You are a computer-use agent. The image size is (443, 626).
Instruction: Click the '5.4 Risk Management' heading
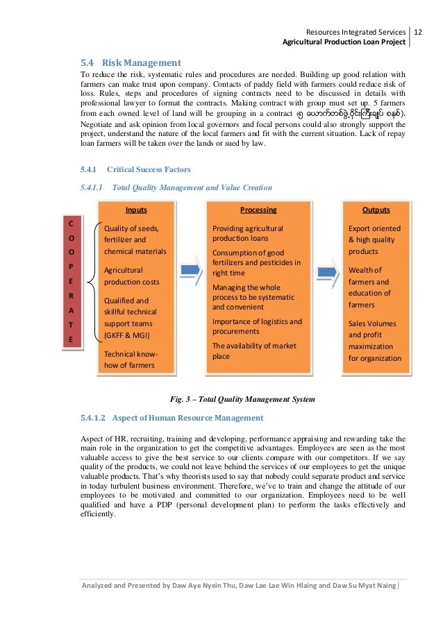tap(131, 62)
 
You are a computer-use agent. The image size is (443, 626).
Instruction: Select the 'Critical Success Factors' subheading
tap(149, 169)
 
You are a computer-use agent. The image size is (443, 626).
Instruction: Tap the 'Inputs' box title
tap(136, 210)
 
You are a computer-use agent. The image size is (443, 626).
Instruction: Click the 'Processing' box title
tap(258, 210)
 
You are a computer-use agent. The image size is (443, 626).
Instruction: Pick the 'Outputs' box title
tap(376, 210)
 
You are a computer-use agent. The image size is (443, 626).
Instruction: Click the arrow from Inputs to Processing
tap(189, 269)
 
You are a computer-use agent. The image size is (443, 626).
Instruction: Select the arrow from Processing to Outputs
tap(325, 269)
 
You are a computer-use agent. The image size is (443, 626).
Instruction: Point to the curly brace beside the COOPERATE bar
tap(92, 281)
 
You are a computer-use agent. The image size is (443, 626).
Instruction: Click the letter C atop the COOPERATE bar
tap(70, 223)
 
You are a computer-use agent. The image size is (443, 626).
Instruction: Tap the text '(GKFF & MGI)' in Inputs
tap(128, 336)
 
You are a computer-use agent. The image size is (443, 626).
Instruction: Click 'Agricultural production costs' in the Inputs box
tap(131, 276)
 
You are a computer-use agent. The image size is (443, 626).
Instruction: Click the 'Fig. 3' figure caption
tap(242, 399)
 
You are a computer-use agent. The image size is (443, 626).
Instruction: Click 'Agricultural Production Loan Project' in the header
tap(344, 42)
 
